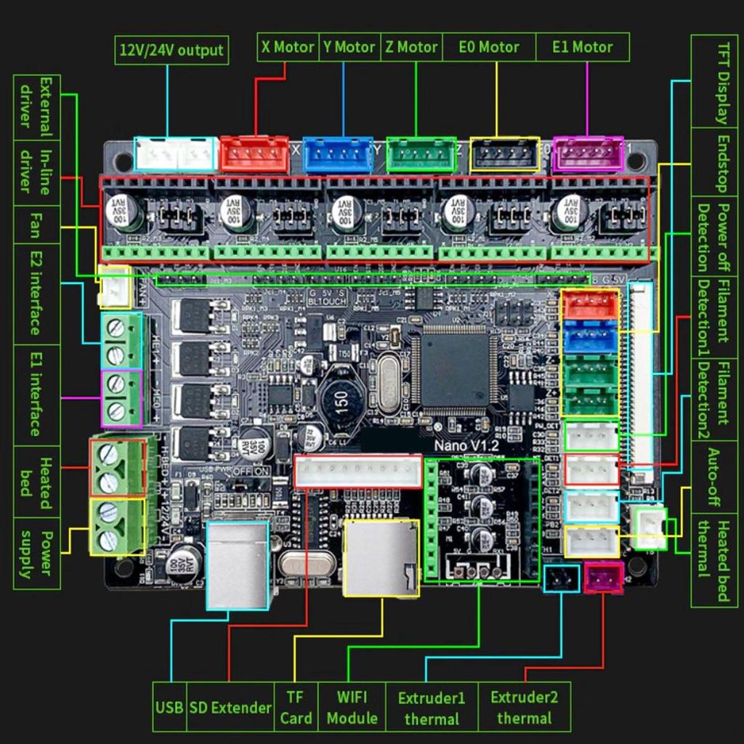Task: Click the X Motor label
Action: pos(288,47)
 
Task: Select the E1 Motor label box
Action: pos(582,47)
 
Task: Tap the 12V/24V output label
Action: pos(171,51)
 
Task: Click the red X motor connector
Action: pos(254,154)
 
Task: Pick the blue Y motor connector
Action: pos(338,155)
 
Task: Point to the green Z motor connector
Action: pos(421,155)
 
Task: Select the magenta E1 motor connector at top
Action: pos(588,154)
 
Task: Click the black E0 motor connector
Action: pos(505,154)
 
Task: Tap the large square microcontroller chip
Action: pos(455,369)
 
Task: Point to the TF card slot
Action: pos(381,558)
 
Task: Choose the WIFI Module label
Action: pos(352,707)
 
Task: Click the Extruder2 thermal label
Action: pos(524,707)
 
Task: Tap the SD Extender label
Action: pos(230,707)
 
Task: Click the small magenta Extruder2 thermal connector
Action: pos(603,578)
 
